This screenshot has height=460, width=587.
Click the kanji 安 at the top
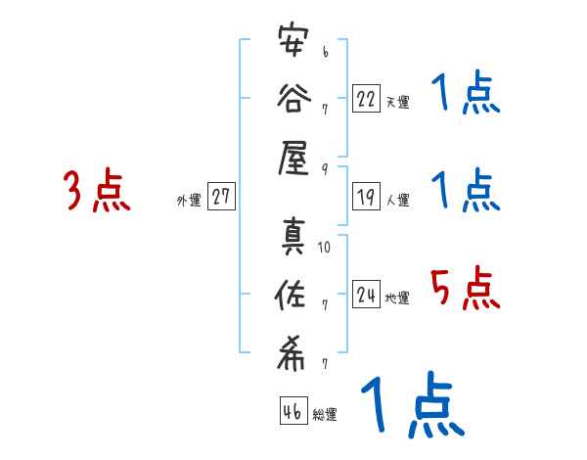293,44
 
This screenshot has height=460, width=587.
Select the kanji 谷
293,99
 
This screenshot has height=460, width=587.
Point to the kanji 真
293,239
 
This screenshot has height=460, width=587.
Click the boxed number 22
366,99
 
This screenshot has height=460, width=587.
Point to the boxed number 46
293,412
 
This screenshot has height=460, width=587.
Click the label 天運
397,102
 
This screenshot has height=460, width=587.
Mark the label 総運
325,415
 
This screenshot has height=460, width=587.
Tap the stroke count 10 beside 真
325,248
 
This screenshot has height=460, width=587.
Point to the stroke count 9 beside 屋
324,167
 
